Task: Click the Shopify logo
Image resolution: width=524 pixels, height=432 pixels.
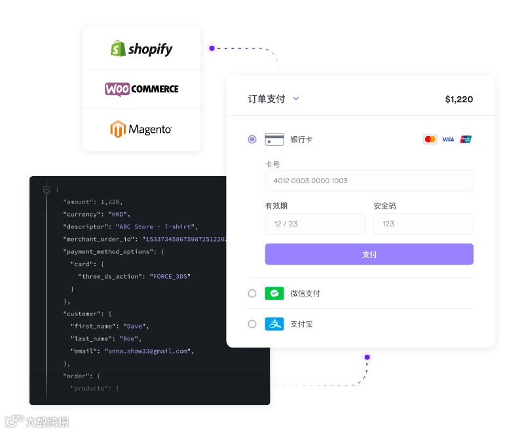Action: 141,48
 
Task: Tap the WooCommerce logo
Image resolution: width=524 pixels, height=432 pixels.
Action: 141,89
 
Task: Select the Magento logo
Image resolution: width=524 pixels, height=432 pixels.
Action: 141,129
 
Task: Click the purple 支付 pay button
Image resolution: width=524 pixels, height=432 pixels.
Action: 369,255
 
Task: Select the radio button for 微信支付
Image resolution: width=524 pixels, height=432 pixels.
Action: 252,293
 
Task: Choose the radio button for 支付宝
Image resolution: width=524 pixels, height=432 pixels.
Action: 252,324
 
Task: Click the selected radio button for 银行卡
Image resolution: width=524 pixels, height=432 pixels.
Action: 252,139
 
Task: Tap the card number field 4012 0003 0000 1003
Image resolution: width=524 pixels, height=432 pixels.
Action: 369,181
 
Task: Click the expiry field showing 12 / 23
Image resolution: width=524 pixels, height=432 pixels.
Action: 315,224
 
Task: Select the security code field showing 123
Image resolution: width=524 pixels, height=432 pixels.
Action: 423,224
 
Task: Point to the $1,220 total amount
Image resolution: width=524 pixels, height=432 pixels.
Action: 458,99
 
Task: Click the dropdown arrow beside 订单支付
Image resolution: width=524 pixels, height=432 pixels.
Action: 296,99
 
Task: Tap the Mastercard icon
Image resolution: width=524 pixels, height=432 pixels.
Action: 430,139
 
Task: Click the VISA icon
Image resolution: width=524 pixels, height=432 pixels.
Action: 448,139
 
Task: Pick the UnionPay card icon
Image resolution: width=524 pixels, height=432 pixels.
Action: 466,139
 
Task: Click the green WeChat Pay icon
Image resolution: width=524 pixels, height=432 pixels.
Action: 274,293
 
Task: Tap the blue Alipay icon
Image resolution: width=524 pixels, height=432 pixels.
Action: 274,324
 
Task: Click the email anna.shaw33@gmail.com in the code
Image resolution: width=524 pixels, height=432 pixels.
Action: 149,351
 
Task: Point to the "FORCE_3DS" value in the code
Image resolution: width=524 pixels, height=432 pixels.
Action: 170,276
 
